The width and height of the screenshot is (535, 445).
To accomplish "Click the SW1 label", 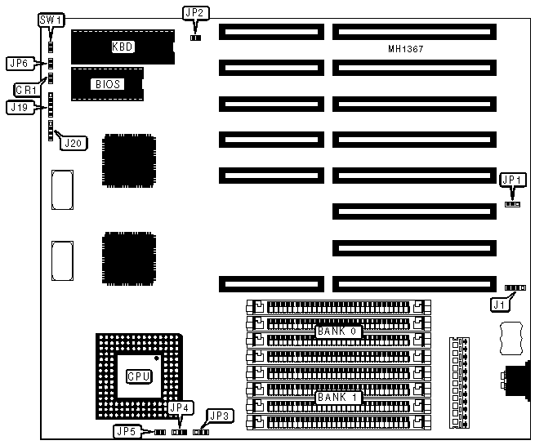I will click(51, 20).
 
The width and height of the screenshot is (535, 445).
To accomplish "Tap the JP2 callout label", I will click(195, 12).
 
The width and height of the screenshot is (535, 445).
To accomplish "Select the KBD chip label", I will click(122, 47).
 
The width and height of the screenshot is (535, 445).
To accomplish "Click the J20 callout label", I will click(73, 142).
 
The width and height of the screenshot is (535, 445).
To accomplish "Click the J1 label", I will click(498, 305).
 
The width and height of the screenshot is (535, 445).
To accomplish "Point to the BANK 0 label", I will click(337, 332).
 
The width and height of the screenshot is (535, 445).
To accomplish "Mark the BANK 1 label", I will click(337, 398).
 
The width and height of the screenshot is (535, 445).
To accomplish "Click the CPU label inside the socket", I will click(138, 376).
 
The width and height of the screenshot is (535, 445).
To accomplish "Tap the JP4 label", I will click(178, 407).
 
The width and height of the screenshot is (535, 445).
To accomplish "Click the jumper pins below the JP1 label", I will click(512, 204).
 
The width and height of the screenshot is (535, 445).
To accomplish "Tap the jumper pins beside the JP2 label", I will click(195, 37).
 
